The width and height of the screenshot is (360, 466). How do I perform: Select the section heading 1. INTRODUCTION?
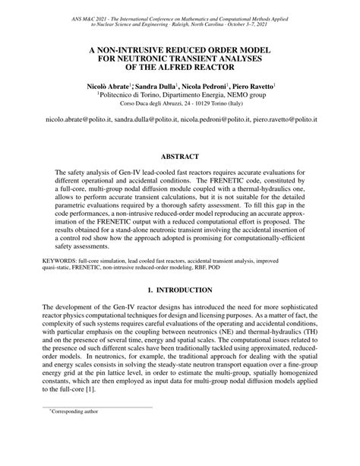pyautogui.click(x=180, y=290)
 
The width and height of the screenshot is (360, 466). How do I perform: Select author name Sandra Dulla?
pyautogui.click(x=156, y=87)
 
